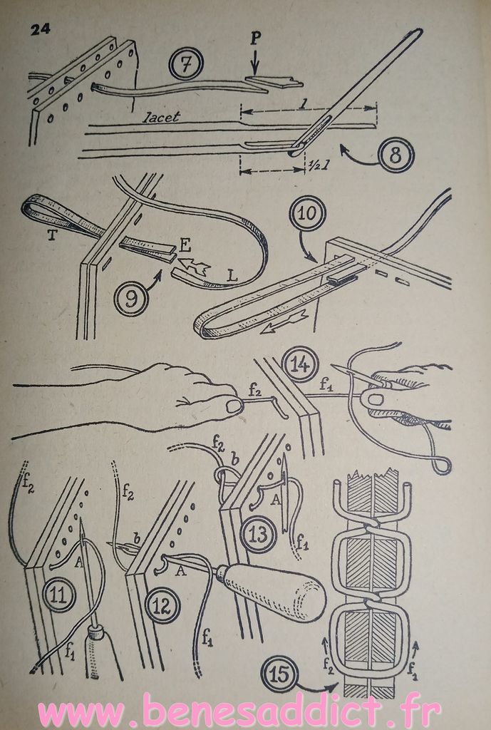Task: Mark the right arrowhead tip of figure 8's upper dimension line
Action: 376,108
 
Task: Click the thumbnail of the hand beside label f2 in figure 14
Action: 234,406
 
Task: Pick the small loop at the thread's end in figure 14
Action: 442,465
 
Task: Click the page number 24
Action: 41,30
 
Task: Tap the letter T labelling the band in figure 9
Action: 53,235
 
